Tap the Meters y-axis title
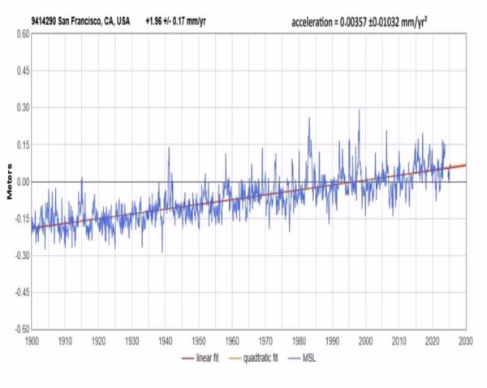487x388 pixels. [10, 183]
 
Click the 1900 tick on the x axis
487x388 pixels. [32, 340]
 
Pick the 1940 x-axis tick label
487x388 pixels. [166, 340]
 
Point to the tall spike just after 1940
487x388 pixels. [169, 148]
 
